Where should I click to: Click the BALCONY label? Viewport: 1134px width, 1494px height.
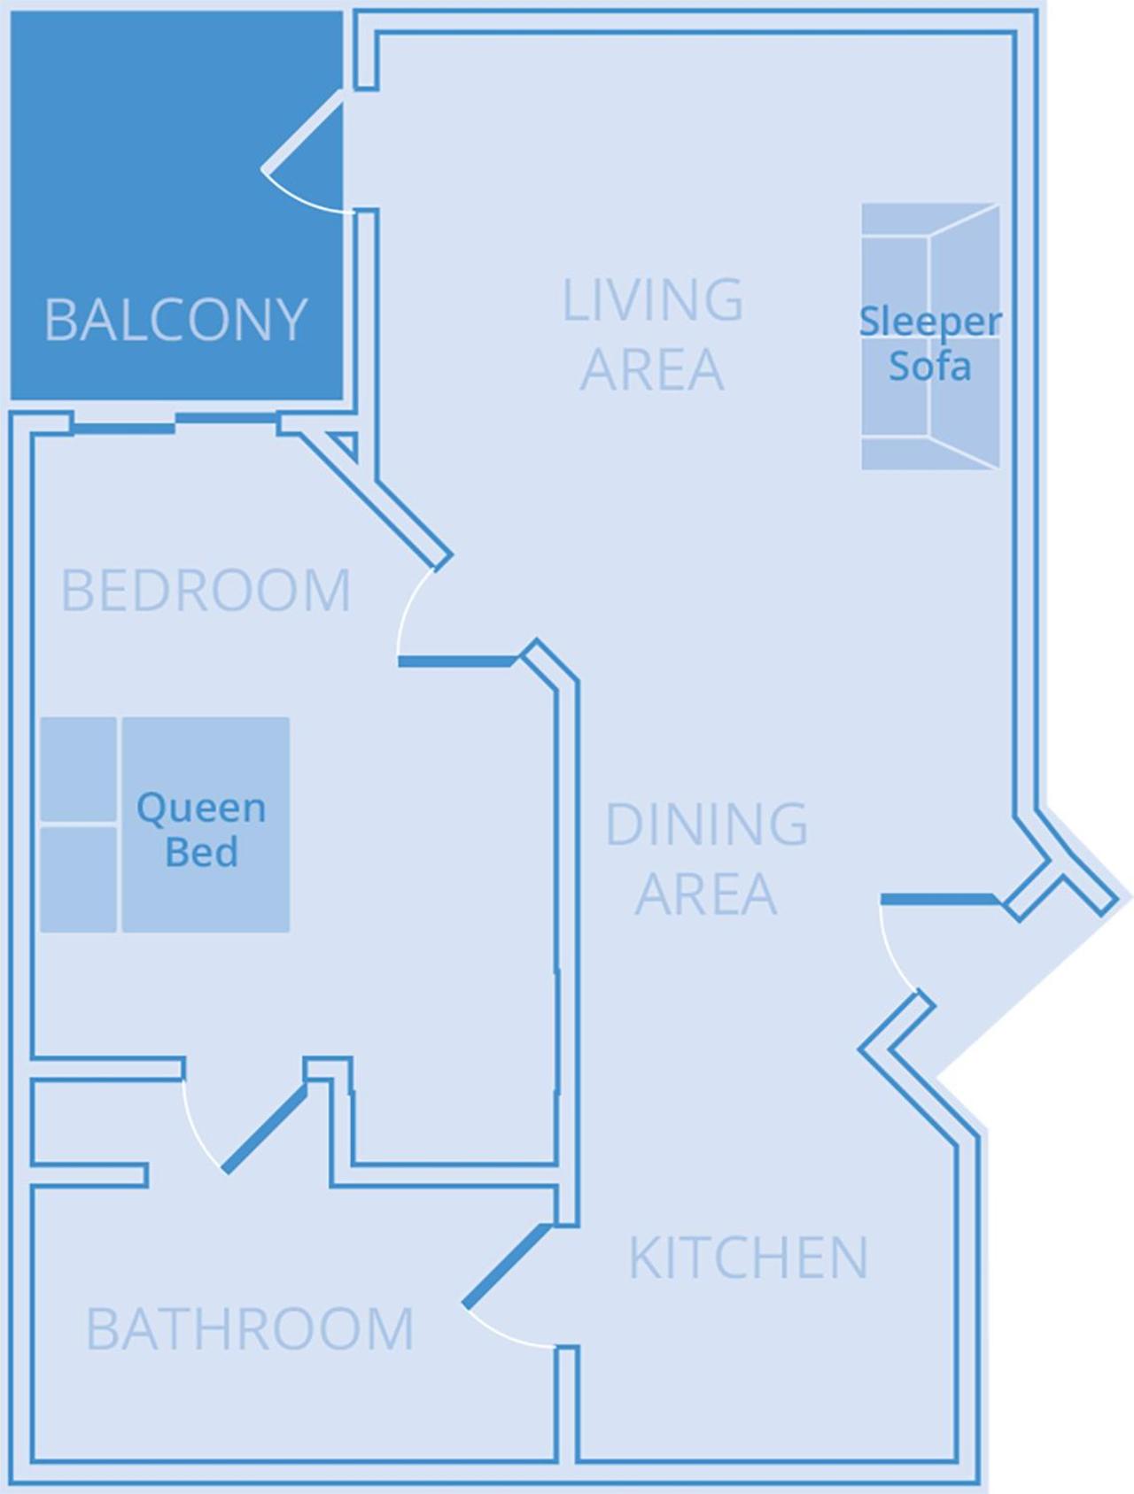pos(175,320)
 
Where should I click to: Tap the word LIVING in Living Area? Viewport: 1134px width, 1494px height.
pos(653,300)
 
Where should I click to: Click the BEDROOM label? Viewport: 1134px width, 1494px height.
pos(206,591)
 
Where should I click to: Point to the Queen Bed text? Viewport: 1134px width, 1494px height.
pos(201,829)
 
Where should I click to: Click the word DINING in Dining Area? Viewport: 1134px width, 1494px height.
pos(706,824)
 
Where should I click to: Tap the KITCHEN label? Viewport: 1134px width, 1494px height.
pos(748,1257)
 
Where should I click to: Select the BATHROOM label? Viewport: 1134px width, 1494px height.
pos(250,1328)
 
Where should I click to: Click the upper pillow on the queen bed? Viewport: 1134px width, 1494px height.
pos(78,769)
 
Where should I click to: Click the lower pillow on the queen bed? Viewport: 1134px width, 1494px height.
pos(78,878)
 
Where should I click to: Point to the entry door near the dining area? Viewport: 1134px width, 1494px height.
pos(939,900)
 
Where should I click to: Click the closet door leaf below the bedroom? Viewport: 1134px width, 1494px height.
pos(265,1130)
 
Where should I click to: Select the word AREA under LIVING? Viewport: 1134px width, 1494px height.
pos(652,369)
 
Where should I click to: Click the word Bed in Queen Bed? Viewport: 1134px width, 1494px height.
pos(201,852)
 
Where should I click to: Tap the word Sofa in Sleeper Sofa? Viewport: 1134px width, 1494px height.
pos(929,366)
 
